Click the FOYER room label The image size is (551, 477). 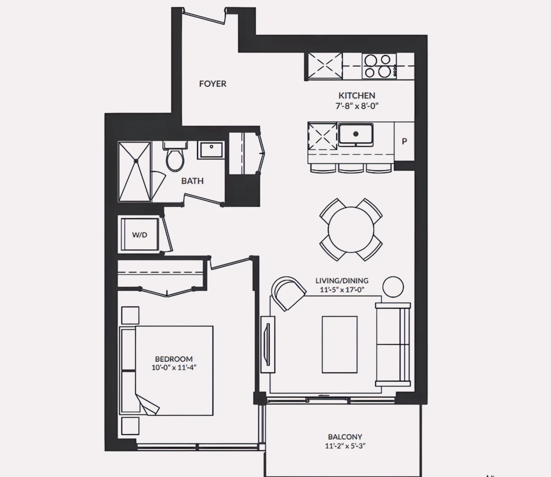pos(213,84)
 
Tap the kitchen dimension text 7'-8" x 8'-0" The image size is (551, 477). pos(357,106)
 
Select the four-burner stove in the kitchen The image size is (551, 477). pos(379,66)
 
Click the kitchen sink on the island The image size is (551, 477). pos(355,135)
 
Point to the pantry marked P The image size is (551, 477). pos(404,141)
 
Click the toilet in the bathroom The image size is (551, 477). pos(175,157)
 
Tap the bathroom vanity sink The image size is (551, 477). pos(211,150)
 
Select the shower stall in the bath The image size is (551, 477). pos(135,172)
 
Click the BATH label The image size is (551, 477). pos(192,181)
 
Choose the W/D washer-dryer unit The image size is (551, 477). pos(140,235)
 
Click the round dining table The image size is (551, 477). pos(351,230)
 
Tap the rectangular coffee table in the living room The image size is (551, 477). pos(340,345)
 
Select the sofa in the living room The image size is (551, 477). pos(393,344)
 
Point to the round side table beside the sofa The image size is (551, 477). pos(393,287)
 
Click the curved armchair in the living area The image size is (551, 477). pos(288,293)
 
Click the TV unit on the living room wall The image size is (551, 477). pos(268,344)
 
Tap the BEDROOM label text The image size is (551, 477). pos(174,359)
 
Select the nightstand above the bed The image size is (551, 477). pos(130,315)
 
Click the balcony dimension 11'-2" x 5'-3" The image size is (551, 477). pos(345,446)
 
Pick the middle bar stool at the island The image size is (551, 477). pos(351,168)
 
